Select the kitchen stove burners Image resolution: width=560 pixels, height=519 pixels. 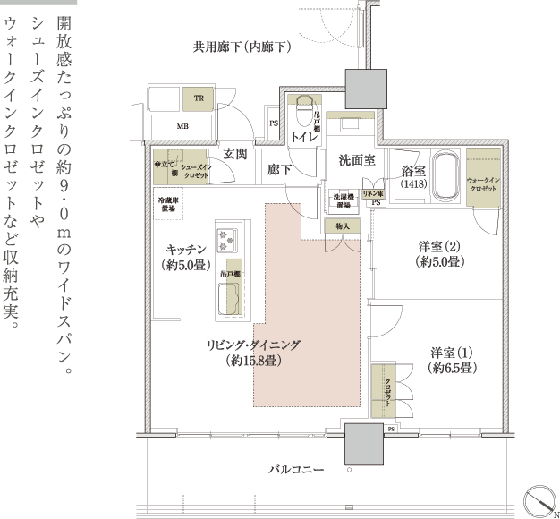tap(227, 240)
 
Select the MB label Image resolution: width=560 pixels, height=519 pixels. tap(182, 127)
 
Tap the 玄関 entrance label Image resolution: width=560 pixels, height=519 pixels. tap(235, 154)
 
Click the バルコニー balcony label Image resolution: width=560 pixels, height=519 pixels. tap(296, 468)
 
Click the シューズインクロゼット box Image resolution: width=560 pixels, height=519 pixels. tap(196, 170)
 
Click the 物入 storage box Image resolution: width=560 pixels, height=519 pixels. tap(343, 227)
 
